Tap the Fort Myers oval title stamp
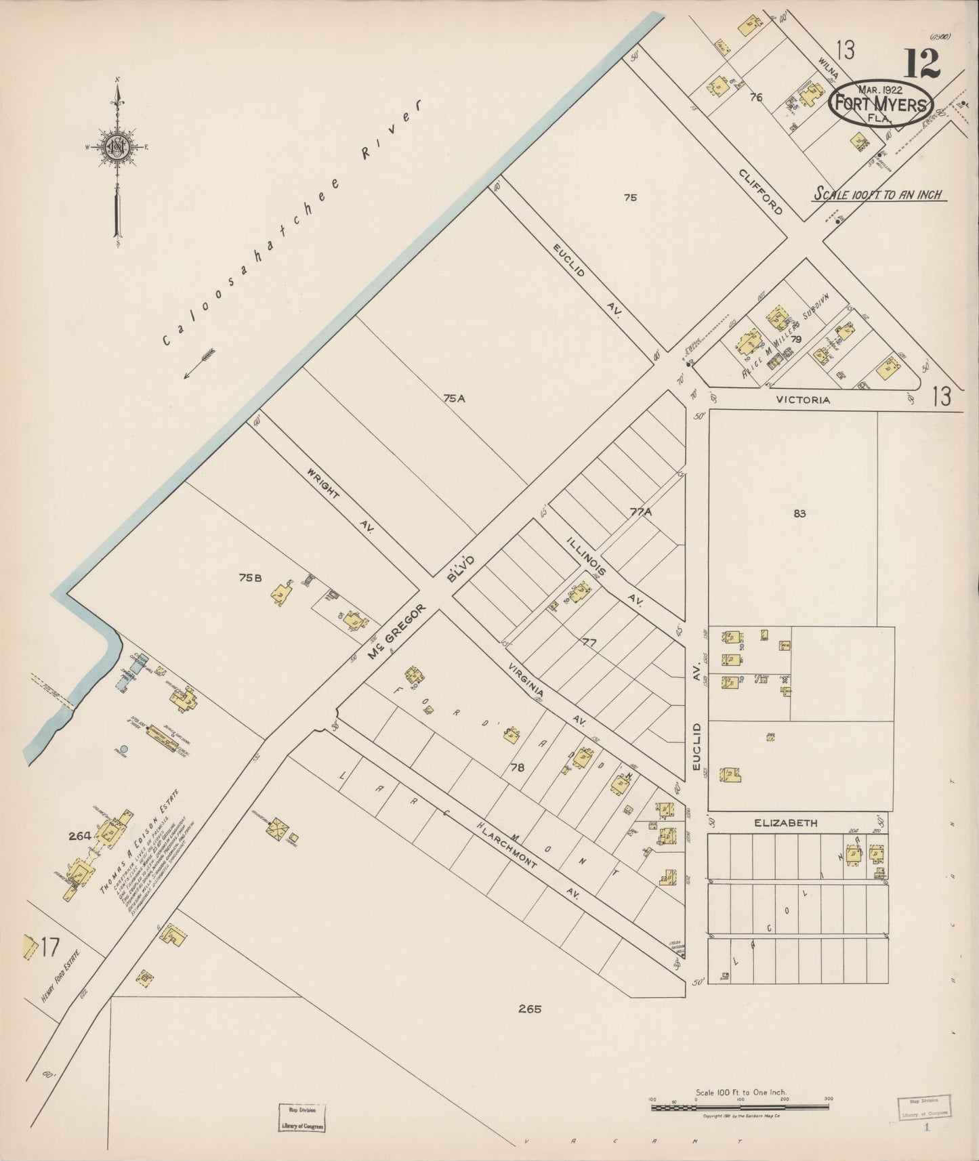pyautogui.click(x=881, y=104)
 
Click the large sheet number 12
pyautogui.click(x=921, y=64)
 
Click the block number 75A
pyautogui.click(x=455, y=399)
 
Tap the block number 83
pyautogui.click(x=799, y=513)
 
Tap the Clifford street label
pyautogui.click(x=762, y=190)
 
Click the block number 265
pyautogui.click(x=530, y=1009)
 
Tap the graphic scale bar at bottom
pyautogui.click(x=740, y=1107)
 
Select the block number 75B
pyautogui.click(x=250, y=578)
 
